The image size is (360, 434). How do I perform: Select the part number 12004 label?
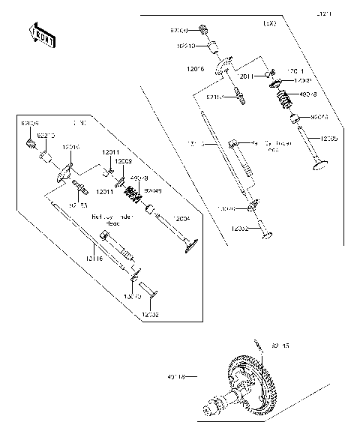(181, 218)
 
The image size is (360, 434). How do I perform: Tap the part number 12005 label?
(328, 139)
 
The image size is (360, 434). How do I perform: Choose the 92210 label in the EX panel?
(186, 46)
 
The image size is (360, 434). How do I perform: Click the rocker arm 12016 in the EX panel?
(223, 70)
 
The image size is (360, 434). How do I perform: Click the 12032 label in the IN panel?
(151, 315)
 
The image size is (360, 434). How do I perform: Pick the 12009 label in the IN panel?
(124, 160)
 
